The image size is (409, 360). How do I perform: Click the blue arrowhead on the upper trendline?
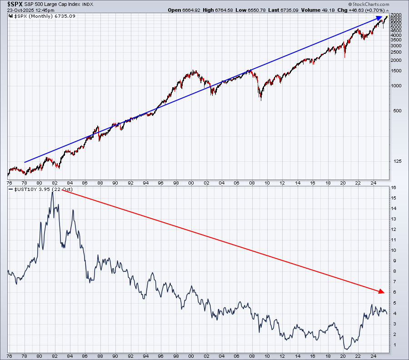tap(379, 18)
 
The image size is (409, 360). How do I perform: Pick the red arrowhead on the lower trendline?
tap(381, 291)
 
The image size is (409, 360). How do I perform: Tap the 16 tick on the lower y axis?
tap(393, 187)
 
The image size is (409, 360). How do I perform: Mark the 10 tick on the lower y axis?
tap(393, 250)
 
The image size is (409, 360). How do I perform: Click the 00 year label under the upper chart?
tap(191, 183)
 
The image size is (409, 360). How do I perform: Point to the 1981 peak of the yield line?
tap(53, 192)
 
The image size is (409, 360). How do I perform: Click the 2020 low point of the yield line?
tap(345, 349)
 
